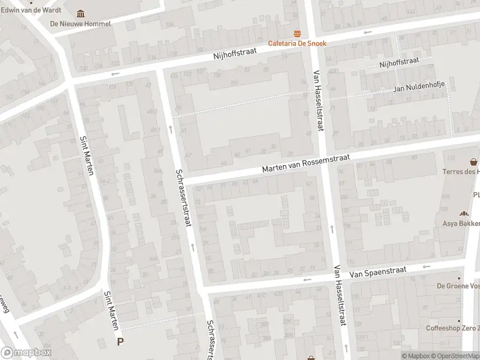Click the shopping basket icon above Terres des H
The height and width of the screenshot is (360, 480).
(474, 162)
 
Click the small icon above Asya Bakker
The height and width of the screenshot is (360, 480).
(463, 214)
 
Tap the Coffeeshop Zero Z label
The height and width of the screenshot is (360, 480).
(452, 328)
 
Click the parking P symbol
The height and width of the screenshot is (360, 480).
(121, 342)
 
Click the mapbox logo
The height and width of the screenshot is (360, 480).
(26, 353)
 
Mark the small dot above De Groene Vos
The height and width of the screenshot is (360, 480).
(460, 278)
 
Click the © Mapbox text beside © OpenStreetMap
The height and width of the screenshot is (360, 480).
(416, 356)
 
